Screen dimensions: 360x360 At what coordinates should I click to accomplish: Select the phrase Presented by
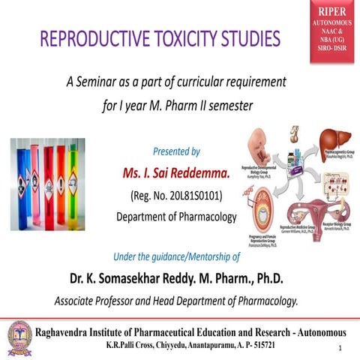click(175, 151)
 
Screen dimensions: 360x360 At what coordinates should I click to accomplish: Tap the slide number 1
click(340, 349)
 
